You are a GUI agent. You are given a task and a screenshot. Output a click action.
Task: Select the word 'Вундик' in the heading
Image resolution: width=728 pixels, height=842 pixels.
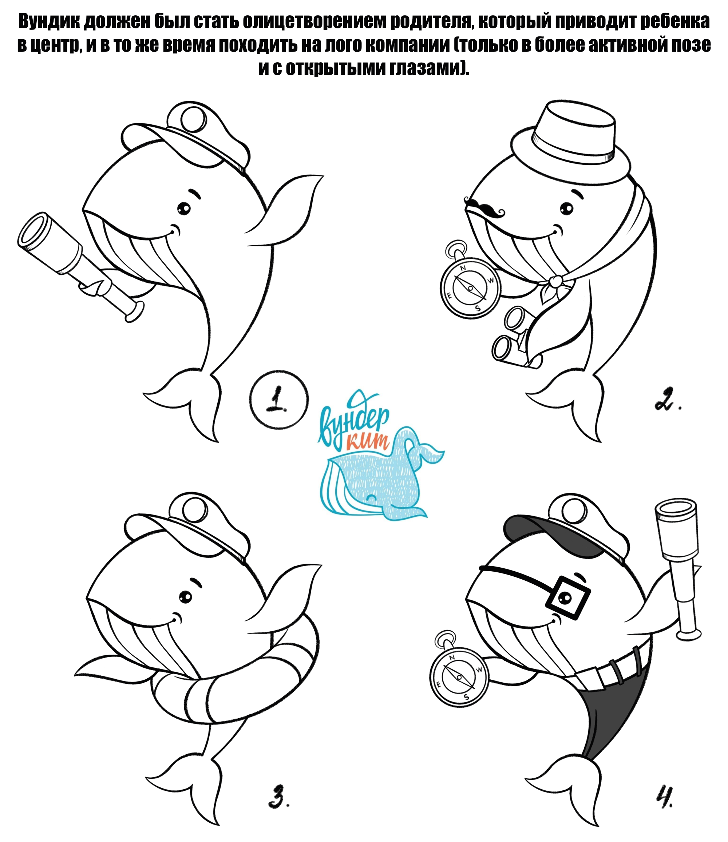click(x=48, y=21)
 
